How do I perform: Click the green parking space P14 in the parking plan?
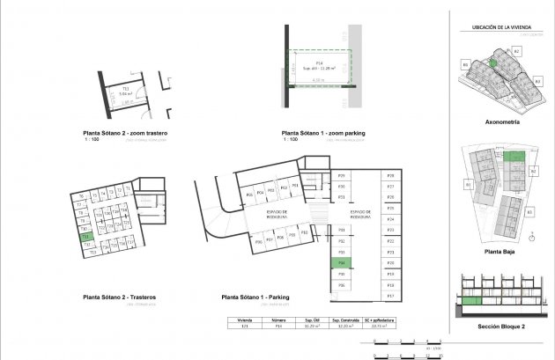tap(342, 263)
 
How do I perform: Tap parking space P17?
tap(389, 296)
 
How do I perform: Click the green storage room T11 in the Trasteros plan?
tap(85, 237)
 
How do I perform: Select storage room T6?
tap(80, 195)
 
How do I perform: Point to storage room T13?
tap(92, 252)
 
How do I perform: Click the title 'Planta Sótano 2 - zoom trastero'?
tap(125, 133)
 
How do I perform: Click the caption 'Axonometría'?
tap(502, 122)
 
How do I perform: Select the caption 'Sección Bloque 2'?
tap(500, 327)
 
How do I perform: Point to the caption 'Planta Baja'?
tap(500, 252)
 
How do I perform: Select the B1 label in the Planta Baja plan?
tap(469, 185)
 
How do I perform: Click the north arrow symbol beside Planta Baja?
tap(534, 235)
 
